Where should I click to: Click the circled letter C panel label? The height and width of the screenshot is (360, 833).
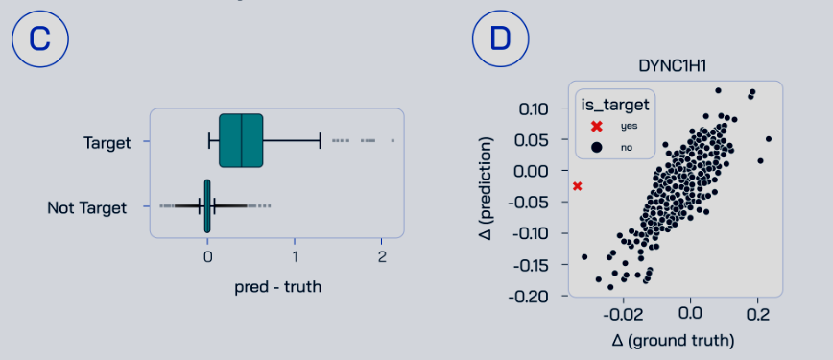point(38,38)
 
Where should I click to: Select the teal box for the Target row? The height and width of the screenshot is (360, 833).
point(241,141)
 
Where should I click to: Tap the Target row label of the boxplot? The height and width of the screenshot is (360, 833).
point(107,142)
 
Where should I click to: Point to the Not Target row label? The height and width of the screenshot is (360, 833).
point(87,206)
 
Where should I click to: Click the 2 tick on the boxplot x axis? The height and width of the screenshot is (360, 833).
point(382,257)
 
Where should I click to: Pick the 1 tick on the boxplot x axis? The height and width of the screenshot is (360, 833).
point(295,257)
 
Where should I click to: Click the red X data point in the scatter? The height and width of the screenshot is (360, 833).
point(578,185)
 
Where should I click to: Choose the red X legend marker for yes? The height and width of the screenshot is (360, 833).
point(597,126)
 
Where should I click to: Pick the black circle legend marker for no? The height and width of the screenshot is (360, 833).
point(597,147)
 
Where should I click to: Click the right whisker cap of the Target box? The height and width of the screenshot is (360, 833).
point(320,141)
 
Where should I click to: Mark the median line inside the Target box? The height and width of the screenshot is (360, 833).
point(241,141)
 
